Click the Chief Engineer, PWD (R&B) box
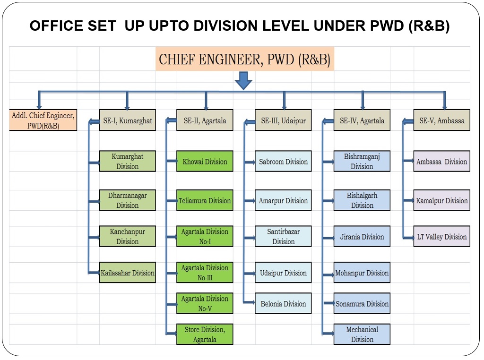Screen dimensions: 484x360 click(x=245, y=59)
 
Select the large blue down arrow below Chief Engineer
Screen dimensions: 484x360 click(x=243, y=80)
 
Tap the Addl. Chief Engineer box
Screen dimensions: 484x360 click(x=43, y=120)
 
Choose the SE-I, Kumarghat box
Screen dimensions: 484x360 click(x=128, y=120)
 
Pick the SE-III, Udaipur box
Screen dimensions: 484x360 click(x=283, y=120)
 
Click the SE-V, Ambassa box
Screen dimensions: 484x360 click(x=442, y=120)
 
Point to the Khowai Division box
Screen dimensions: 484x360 click(x=205, y=161)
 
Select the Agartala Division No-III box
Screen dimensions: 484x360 click(x=205, y=273)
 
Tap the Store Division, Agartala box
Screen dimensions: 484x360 click(x=205, y=334)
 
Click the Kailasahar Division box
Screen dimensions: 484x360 click(x=128, y=273)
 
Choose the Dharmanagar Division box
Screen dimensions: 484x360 click(x=128, y=200)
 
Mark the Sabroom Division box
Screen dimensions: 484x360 click(x=283, y=161)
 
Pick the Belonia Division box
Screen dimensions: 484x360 click(x=283, y=303)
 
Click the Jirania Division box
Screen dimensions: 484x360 click(x=362, y=236)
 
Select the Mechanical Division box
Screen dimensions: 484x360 click(x=362, y=334)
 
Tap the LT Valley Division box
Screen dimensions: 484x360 click(x=442, y=236)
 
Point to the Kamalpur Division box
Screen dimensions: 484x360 click(x=442, y=200)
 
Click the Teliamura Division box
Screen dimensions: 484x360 click(x=205, y=200)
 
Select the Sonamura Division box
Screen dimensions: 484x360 click(x=362, y=303)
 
